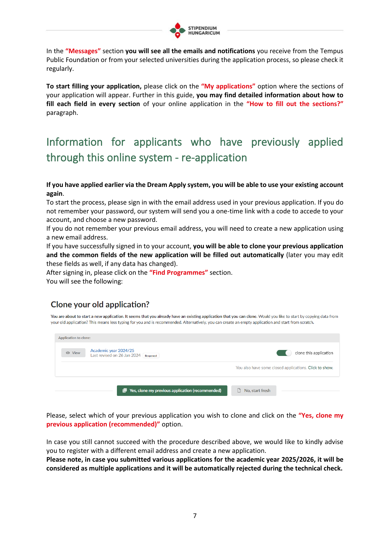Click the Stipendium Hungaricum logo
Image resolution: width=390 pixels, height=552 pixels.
[195, 31]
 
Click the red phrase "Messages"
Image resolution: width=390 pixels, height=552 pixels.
[83, 51]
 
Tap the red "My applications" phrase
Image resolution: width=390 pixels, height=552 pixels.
[228, 86]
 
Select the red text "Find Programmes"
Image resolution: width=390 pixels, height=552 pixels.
[179, 273]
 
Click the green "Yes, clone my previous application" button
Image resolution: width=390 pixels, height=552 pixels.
[172, 391]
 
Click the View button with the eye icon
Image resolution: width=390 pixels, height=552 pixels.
[73, 353]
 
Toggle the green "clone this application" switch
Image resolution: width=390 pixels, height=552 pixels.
[284, 353]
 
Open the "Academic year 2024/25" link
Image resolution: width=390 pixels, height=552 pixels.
[112, 350]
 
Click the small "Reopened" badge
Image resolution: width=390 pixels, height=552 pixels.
[151, 356]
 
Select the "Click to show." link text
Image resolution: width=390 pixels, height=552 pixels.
[320, 368]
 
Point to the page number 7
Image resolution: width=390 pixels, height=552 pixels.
[195, 515]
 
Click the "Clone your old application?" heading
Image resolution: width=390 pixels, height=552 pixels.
[100, 304]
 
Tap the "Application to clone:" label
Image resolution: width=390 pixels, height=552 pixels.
[74, 338]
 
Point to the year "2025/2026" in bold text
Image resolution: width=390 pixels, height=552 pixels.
[298, 459]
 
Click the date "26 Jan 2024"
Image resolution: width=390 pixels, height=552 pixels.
[129, 355]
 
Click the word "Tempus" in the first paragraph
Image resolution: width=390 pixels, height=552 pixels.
[332, 51]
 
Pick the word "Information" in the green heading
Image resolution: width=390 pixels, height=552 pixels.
[74, 142]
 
